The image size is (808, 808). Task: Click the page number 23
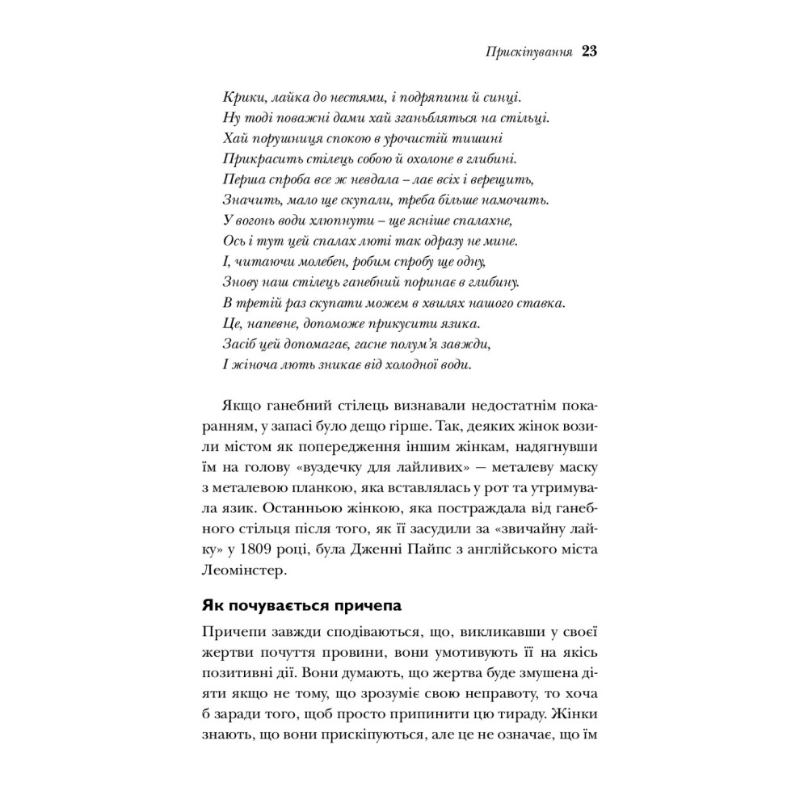[588, 53]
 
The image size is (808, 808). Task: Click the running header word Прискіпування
[530, 53]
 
